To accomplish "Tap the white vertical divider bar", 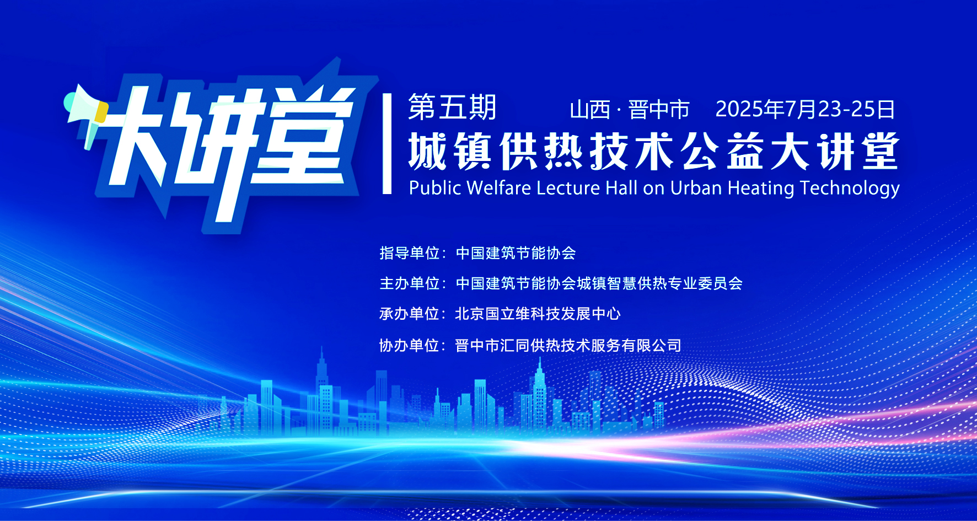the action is click(x=387, y=143).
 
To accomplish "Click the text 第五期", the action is click(x=452, y=108).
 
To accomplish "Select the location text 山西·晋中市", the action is click(x=630, y=110).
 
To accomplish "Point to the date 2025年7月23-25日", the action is click(x=805, y=109).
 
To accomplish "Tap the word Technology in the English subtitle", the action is click(x=850, y=189).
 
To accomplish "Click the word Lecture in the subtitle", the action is click(x=568, y=188).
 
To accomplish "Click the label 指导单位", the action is click(x=409, y=253).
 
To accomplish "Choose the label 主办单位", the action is click(x=409, y=283).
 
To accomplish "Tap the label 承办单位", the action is click(x=409, y=314).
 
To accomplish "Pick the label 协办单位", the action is click(x=409, y=346).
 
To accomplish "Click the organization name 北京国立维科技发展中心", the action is click(x=538, y=314).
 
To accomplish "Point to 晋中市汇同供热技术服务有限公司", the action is click(x=568, y=346).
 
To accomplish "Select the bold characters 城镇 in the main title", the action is click(x=450, y=151).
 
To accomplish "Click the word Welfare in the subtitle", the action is click(x=499, y=188).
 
